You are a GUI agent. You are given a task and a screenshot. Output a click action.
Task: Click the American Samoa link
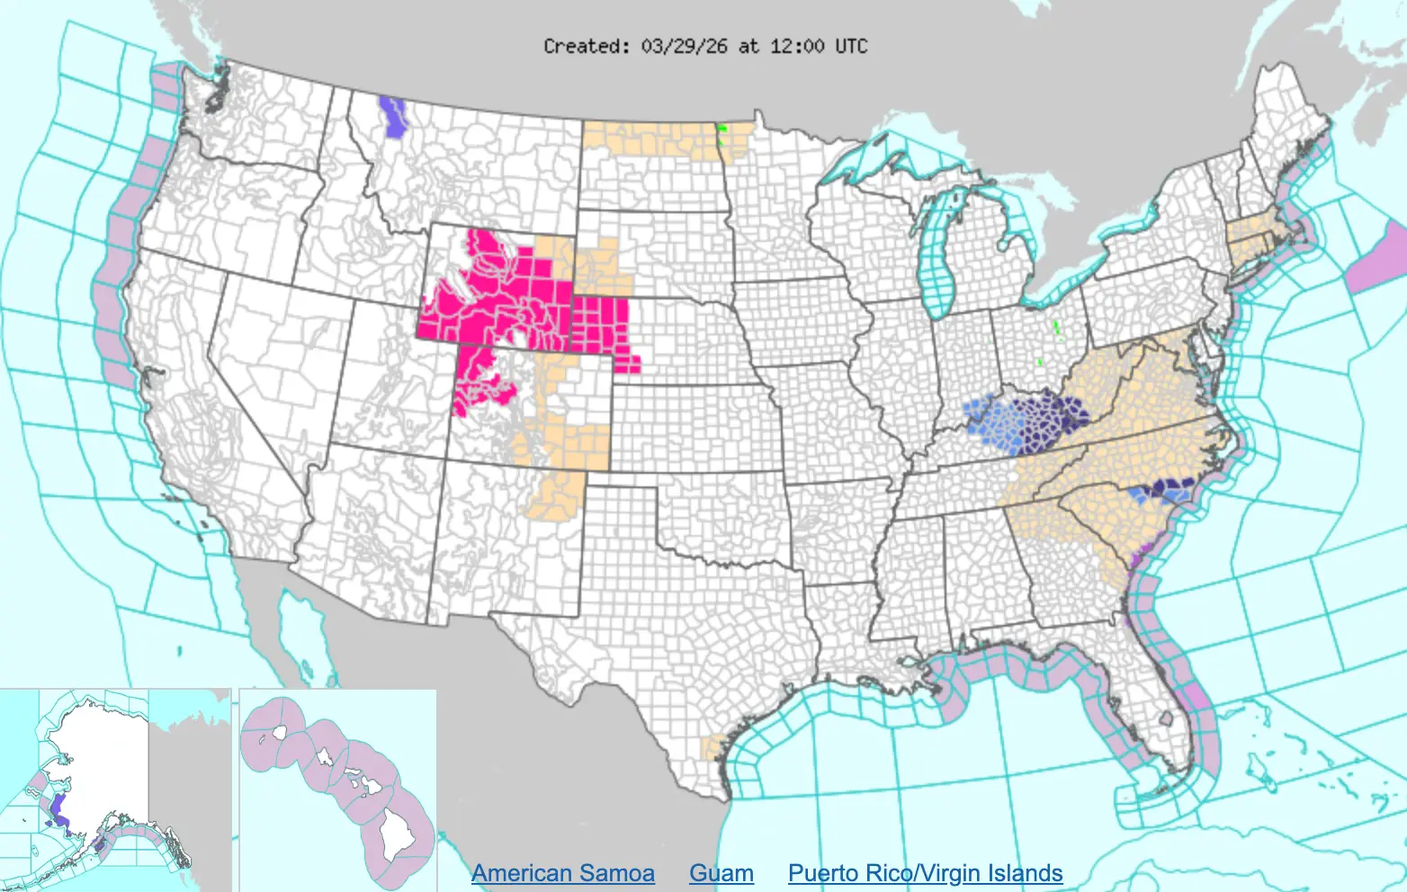pyautogui.click(x=562, y=873)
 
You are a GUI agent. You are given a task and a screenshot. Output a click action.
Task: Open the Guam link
pyautogui.click(x=721, y=873)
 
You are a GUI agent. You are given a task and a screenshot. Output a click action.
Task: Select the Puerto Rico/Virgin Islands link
pyautogui.click(x=925, y=873)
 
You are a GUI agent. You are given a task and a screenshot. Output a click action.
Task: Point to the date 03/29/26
pyautogui.click(x=684, y=46)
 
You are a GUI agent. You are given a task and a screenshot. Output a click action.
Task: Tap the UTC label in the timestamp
pyautogui.click(x=850, y=46)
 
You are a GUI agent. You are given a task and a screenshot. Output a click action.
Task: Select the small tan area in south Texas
pyautogui.click(x=713, y=747)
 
